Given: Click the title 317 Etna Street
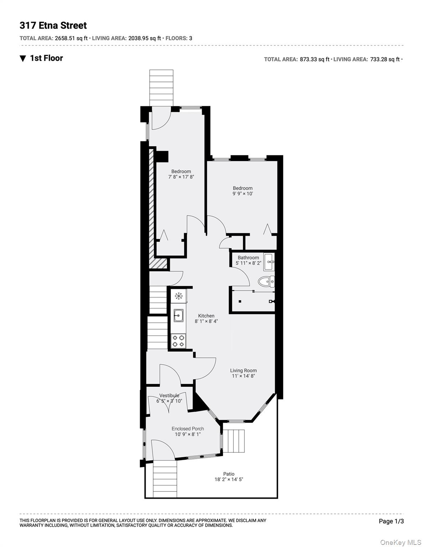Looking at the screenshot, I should pyautogui.click(x=53, y=26).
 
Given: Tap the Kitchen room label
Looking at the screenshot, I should pyautogui.click(x=206, y=316).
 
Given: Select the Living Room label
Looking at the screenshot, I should pyautogui.click(x=243, y=370).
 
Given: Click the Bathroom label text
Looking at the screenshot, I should pyautogui.click(x=248, y=257).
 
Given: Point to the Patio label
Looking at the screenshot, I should pyautogui.click(x=229, y=474).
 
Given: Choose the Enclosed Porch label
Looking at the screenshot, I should pyautogui.click(x=188, y=429).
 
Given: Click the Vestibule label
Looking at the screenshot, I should pyautogui.click(x=169, y=396).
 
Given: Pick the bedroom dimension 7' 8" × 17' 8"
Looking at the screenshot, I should pyautogui.click(x=181, y=177).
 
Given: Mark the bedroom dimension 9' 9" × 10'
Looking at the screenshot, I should pyautogui.click(x=243, y=194).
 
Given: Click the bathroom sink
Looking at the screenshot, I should pyautogui.click(x=269, y=262).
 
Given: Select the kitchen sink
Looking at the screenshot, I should pyautogui.click(x=179, y=315).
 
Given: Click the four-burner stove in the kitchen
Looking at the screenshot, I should pyautogui.click(x=178, y=340).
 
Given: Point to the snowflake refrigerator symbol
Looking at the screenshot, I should pyautogui.click(x=179, y=296).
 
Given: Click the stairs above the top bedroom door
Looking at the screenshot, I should pyautogui.click(x=161, y=87).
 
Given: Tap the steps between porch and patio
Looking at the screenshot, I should pyautogui.click(x=234, y=441).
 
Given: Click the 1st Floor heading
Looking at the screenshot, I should pyautogui.click(x=46, y=58).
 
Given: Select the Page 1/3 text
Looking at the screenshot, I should pyautogui.click(x=391, y=521).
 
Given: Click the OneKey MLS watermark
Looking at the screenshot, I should pyautogui.click(x=401, y=542).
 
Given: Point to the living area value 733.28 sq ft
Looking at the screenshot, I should pyautogui.click(x=385, y=59).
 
